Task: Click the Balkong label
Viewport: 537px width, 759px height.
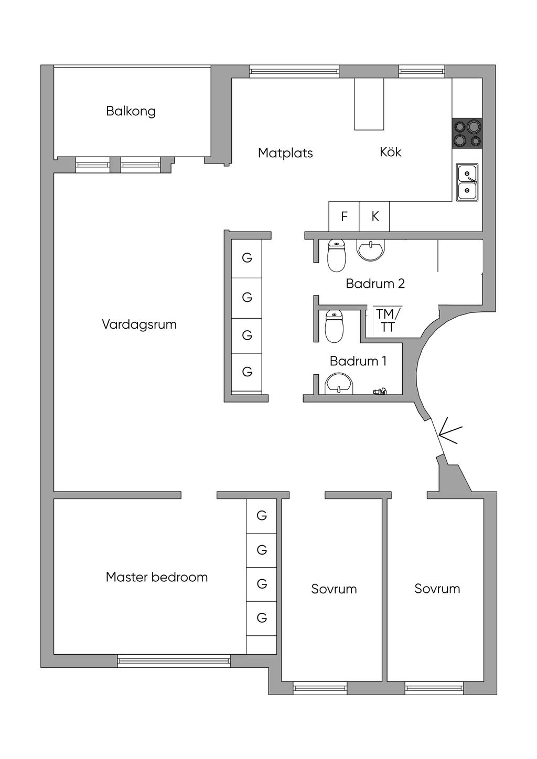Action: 131,111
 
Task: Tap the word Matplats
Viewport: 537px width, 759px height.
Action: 285,153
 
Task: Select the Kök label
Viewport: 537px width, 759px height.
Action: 390,152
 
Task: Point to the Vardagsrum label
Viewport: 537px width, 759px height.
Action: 139,324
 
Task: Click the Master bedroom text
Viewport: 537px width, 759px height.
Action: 157,577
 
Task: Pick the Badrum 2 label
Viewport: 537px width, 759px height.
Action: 375,284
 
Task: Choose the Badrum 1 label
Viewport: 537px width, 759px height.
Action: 358,361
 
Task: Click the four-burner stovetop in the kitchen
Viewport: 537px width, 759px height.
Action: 467,133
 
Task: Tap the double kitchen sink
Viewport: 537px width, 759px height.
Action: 467,182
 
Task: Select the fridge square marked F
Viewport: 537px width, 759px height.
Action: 344,216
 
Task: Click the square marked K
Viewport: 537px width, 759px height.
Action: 374,216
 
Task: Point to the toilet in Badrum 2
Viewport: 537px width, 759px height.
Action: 336,255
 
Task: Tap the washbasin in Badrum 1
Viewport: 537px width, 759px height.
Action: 339,384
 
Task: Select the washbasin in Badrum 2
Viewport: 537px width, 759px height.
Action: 371,250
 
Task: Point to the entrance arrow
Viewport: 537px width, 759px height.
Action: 450,432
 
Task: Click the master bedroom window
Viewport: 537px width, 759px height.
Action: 174,661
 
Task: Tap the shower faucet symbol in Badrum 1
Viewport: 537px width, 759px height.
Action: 380,391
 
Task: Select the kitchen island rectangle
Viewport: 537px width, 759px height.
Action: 369,104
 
